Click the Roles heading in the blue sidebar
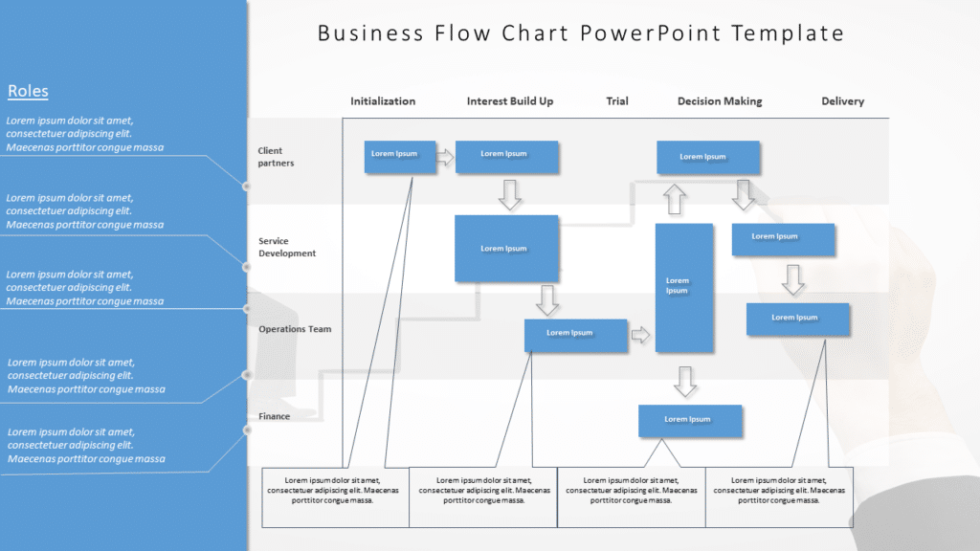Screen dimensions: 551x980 coord(28,91)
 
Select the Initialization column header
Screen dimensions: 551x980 coord(383,101)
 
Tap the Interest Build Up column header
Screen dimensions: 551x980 coord(509,101)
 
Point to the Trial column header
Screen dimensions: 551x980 coord(617,101)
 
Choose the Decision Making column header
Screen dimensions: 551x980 coord(720,101)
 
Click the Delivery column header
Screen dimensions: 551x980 coord(842,101)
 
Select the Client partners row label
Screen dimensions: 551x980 coord(276,157)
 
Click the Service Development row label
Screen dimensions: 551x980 coord(286,248)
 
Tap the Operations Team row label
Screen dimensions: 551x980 coord(294,329)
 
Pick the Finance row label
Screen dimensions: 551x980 coord(274,417)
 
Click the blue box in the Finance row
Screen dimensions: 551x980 coord(690,421)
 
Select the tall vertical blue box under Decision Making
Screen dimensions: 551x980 coord(683,288)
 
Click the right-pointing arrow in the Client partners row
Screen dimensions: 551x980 coord(445,157)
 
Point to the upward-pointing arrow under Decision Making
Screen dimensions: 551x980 coord(675,199)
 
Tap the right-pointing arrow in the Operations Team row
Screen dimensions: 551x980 coord(640,335)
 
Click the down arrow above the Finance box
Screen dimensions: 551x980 coord(684,381)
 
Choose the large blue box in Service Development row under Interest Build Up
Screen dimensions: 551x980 coord(506,249)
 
